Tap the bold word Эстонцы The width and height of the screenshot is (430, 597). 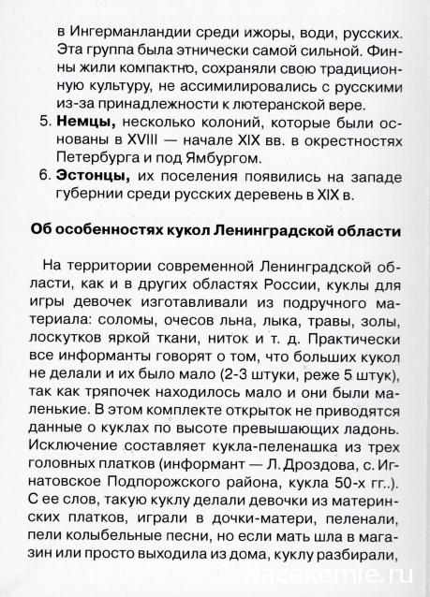point(92,174)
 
